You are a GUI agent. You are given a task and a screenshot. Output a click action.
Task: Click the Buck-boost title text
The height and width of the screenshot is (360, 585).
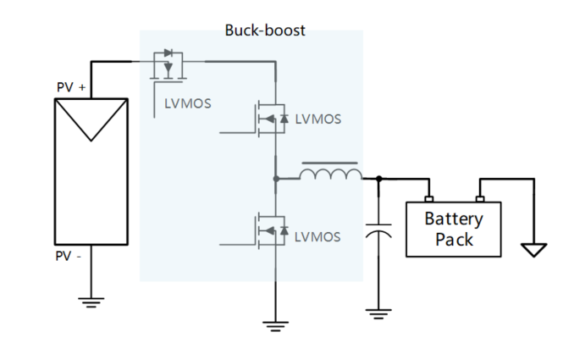click(x=264, y=30)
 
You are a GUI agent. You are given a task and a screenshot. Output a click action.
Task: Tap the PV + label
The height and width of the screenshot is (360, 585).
click(x=69, y=87)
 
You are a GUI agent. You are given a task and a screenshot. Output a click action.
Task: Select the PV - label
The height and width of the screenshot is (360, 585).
click(x=69, y=256)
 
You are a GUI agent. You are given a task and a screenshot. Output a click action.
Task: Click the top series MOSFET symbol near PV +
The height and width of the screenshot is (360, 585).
click(x=169, y=67)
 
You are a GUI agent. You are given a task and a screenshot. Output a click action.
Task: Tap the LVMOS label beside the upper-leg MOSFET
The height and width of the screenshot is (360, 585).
click(x=318, y=119)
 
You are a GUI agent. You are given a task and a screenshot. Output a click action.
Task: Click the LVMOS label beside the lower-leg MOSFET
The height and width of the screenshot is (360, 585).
click(x=318, y=236)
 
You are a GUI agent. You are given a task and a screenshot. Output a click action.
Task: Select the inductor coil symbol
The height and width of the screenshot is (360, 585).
click(x=330, y=174)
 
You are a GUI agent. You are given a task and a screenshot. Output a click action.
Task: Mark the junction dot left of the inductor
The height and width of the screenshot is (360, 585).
click(x=276, y=179)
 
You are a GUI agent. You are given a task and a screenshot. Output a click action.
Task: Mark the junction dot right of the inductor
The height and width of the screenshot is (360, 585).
click(x=378, y=179)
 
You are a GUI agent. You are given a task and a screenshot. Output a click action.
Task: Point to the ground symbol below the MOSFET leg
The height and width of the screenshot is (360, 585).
click(x=276, y=323)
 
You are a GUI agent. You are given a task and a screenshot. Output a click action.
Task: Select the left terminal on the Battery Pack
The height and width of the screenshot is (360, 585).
click(x=428, y=200)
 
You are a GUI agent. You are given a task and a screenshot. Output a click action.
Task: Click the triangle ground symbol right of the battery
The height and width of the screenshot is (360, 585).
click(x=534, y=250)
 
